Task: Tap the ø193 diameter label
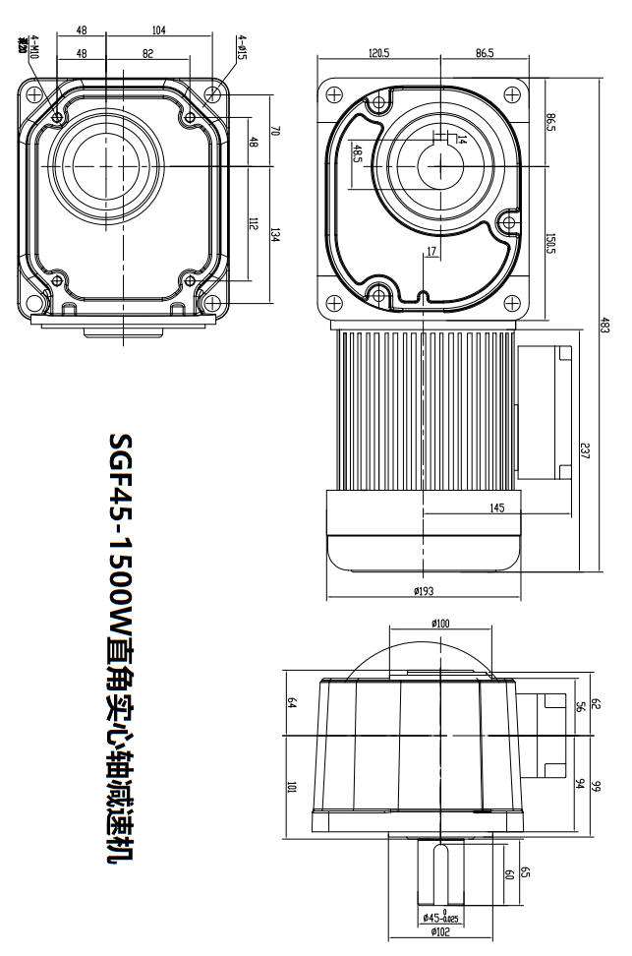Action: pos(426,591)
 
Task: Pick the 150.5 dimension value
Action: pos(550,242)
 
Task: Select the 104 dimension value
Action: pos(159,31)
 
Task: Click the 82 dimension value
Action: pos(147,53)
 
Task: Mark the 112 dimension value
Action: pos(253,224)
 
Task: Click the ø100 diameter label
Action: pos(440,623)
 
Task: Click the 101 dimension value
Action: pos(292,786)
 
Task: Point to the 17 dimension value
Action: pos(431,253)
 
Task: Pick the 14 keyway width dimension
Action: pos(461,141)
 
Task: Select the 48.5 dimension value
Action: pos(358,156)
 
